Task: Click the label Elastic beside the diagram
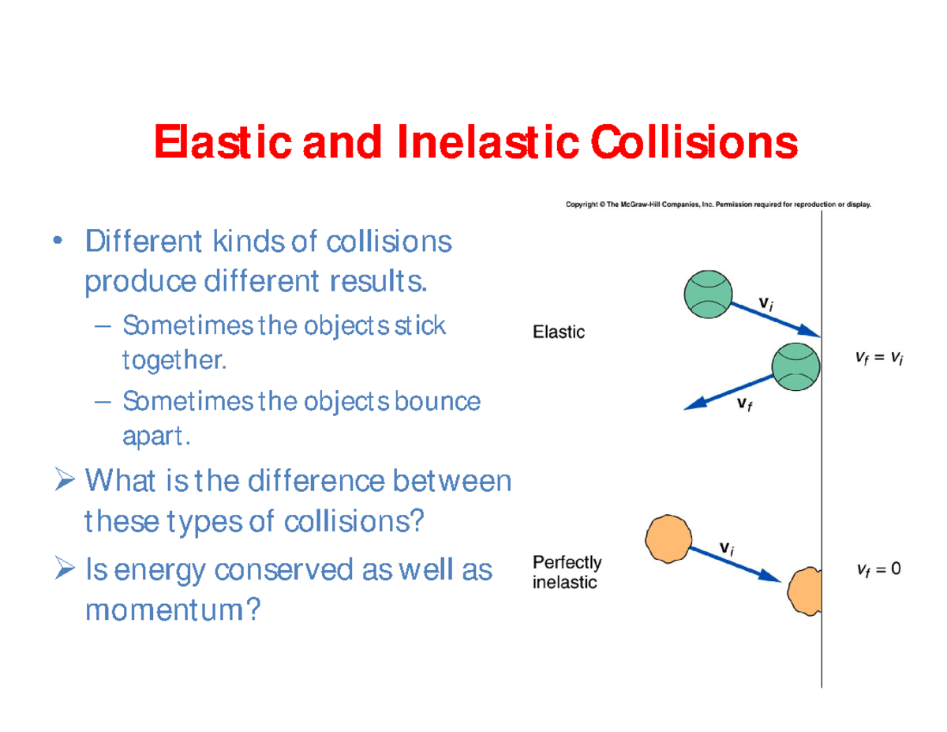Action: (x=559, y=332)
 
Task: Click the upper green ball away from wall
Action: (x=708, y=294)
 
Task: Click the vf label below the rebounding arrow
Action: (x=744, y=404)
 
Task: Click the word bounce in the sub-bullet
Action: (x=438, y=402)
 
